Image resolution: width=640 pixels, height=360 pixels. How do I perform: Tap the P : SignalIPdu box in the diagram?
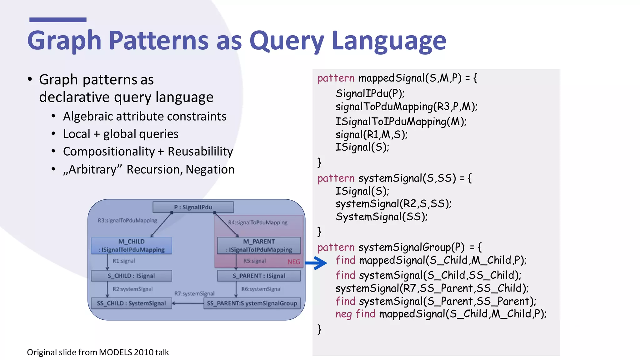pos(193,207)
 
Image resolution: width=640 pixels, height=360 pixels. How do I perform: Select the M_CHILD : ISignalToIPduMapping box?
pos(132,246)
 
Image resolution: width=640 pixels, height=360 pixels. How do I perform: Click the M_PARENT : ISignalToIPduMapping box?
pos(259,246)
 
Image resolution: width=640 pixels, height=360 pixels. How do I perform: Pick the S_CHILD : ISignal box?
pos(131,276)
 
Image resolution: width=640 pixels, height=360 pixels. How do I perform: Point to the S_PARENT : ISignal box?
pos(259,276)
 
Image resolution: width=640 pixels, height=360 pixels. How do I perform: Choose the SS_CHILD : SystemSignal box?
pos(131,303)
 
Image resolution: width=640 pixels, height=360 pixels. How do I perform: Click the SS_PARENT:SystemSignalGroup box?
pos(252,303)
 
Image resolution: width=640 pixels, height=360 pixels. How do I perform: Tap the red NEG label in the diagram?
pos(294,262)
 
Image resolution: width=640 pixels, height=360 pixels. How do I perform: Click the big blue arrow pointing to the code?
pos(316,263)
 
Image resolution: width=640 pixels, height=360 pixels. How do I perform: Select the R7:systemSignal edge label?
pos(194,294)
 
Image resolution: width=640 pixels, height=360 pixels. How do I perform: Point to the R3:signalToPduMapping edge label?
pos(127,221)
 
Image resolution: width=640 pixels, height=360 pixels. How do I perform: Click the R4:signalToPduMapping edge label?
pos(257,222)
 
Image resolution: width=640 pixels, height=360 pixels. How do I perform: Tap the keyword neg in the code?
pos(344,314)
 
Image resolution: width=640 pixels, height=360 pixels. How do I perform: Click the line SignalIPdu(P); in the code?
pos(370,93)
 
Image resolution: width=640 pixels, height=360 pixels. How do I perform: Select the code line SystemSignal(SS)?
pos(382,217)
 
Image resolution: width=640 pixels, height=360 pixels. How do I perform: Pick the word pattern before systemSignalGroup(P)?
pos(336,247)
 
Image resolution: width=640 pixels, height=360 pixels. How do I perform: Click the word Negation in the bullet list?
pos(210,169)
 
